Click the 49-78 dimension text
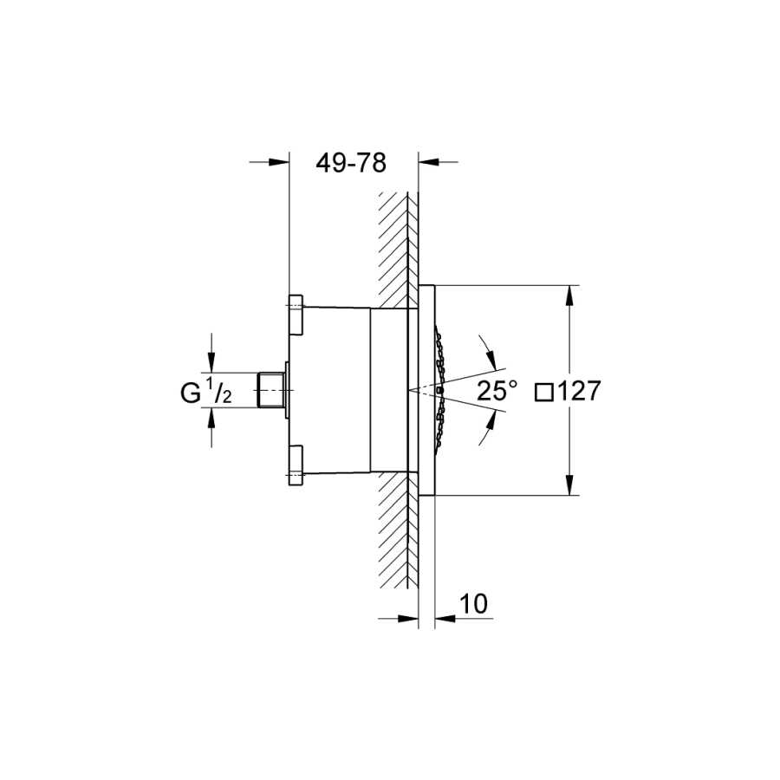351,163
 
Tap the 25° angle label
497,391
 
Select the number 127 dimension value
578,391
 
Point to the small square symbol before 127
544,392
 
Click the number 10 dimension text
473,604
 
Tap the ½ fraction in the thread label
219,390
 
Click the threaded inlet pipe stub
271,390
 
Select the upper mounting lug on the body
296,315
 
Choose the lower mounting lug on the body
296,465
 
